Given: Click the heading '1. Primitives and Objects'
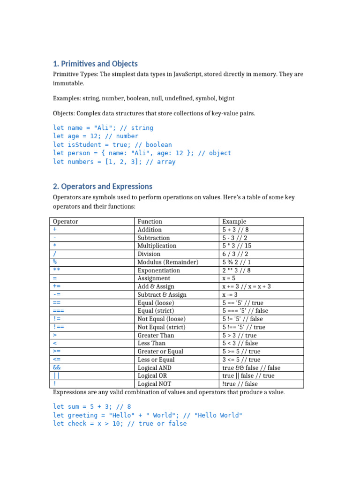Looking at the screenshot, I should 95,64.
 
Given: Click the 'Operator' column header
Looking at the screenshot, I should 66,221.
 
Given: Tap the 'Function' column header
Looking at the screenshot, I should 150,221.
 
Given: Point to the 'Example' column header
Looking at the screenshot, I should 234,221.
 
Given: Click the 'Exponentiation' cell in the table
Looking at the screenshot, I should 158,270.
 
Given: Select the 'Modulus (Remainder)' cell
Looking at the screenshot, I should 168,262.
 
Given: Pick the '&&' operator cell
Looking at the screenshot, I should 57,368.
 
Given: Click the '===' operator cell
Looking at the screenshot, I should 59,310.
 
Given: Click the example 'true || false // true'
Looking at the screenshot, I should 248,375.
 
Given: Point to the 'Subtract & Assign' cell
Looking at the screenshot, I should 162,294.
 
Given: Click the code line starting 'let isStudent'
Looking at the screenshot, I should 112,145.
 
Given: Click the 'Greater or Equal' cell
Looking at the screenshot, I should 160,351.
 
